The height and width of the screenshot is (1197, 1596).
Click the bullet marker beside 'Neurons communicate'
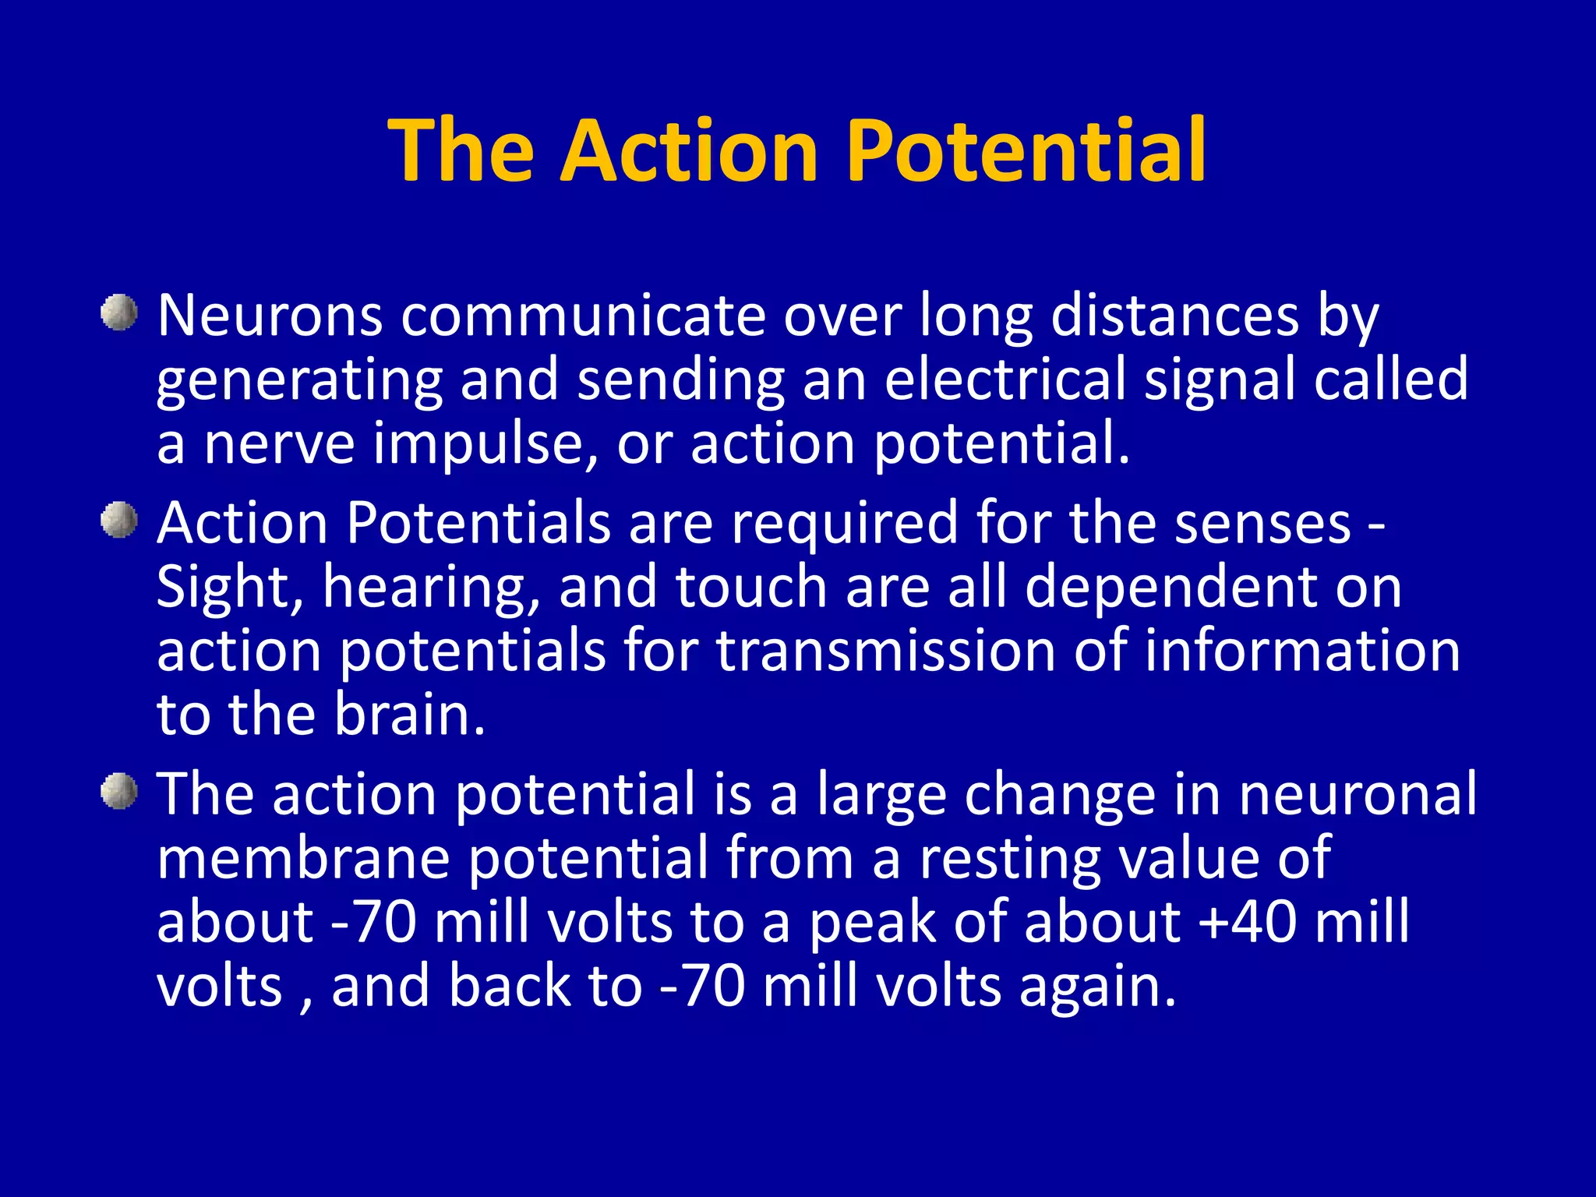pyautogui.click(x=119, y=313)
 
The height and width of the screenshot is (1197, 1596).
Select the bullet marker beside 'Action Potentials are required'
pyautogui.click(x=119, y=520)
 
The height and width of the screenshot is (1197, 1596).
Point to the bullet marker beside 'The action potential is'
pyautogui.click(x=119, y=792)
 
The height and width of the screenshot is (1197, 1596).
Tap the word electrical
pyautogui.click(x=1005, y=380)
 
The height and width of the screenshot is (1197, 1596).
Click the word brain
pyautogui.click(x=408, y=715)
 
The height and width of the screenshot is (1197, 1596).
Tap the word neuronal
pyautogui.click(x=1358, y=794)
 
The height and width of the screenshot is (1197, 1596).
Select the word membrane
pyautogui.click(x=303, y=858)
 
